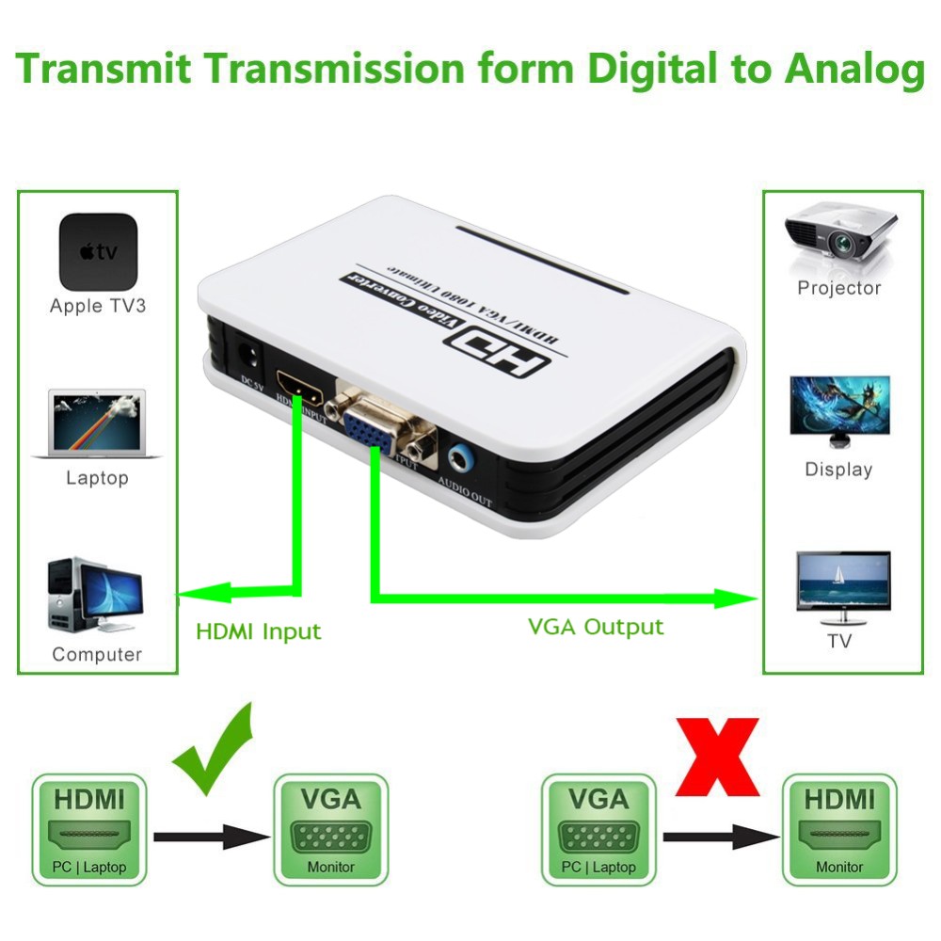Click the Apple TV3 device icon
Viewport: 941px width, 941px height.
pyautogui.click(x=98, y=252)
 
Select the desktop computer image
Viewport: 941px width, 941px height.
pyautogui.click(x=93, y=598)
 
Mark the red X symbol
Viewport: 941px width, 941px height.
pyautogui.click(x=717, y=756)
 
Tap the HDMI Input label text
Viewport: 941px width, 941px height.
pyautogui.click(x=258, y=631)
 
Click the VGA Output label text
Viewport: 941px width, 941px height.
pyautogui.click(x=596, y=627)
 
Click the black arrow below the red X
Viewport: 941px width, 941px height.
pyautogui.click(x=720, y=836)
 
